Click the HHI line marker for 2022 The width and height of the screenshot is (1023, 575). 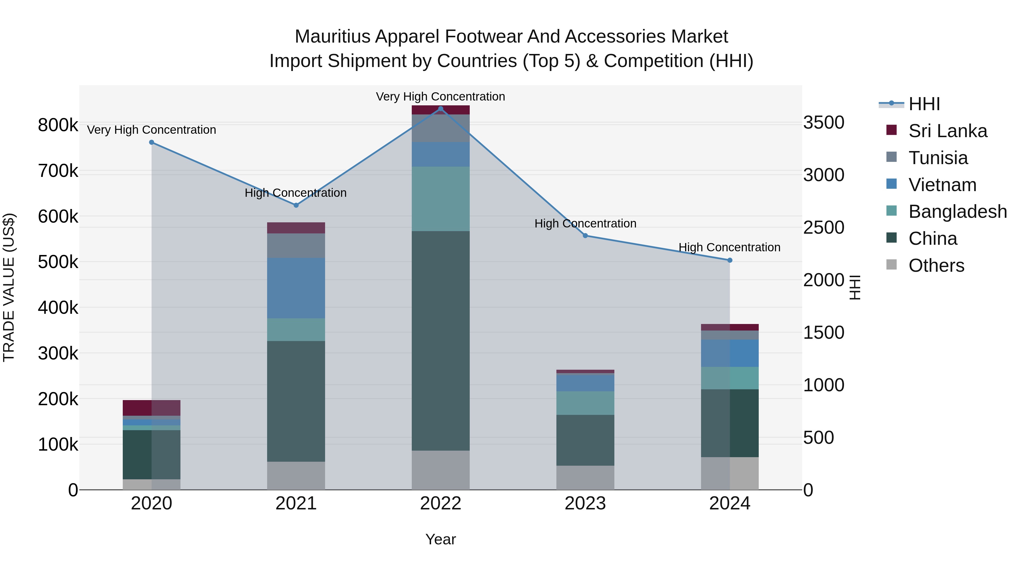click(x=440, y=109)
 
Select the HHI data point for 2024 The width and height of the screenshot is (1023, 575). click(x=729, y=260)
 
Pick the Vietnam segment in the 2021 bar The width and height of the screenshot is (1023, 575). click(x=296, y=288)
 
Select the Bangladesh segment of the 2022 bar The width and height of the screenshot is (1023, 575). click(x=440, y=199)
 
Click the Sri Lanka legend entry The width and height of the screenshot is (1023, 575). click(x=947, y=131)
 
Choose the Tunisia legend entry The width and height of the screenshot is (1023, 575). click(x=938, y=158)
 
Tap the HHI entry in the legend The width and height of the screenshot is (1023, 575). click(x=924, y=104)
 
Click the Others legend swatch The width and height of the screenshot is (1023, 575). click(x=891, y=265)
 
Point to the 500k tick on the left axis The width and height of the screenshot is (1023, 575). click(x=58, y=262)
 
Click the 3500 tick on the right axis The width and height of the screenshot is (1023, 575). click(x=824, y=123)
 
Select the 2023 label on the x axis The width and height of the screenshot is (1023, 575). click(x=585, y=503)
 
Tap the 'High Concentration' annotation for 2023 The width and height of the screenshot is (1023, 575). click(x=585, y=223)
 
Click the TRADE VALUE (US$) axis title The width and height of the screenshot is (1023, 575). click(x=9, y=287)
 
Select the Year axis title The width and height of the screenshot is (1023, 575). click(x=440, y=539)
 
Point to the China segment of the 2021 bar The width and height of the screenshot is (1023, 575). click(x=296, y=401)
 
